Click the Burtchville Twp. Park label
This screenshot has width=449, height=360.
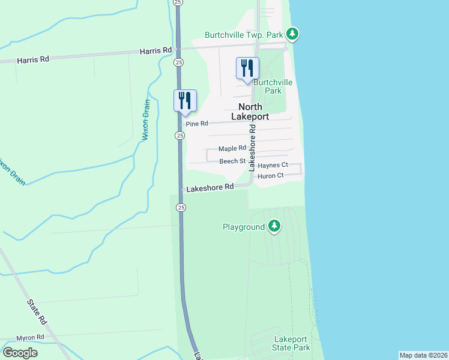[x=244, y=34]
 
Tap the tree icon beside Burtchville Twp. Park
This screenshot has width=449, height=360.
[x=292, y=34]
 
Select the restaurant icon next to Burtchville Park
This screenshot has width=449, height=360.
[x=247, y=69]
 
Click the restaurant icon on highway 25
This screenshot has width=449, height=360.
[x=185, y=100]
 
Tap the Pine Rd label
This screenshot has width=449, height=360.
[x=197, y=124]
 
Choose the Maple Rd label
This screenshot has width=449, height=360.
[x=232, y=148]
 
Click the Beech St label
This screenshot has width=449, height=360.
[x=232, y=161]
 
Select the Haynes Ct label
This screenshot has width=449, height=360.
[x=273, y=165]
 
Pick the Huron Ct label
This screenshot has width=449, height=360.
[x=270, y=176]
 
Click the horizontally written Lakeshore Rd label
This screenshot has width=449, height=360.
[x=209, y=188]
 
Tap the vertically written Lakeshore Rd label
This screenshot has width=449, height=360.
[x=252, y=146]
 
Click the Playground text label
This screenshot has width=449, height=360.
[x=244, y=227]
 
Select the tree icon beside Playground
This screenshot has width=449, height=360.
[x=274, y=226]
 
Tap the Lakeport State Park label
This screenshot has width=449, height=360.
[x=292, y=343]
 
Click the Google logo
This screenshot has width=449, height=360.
[x=20, y=352]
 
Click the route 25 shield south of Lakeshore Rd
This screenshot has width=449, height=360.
[x=181, y=207]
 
